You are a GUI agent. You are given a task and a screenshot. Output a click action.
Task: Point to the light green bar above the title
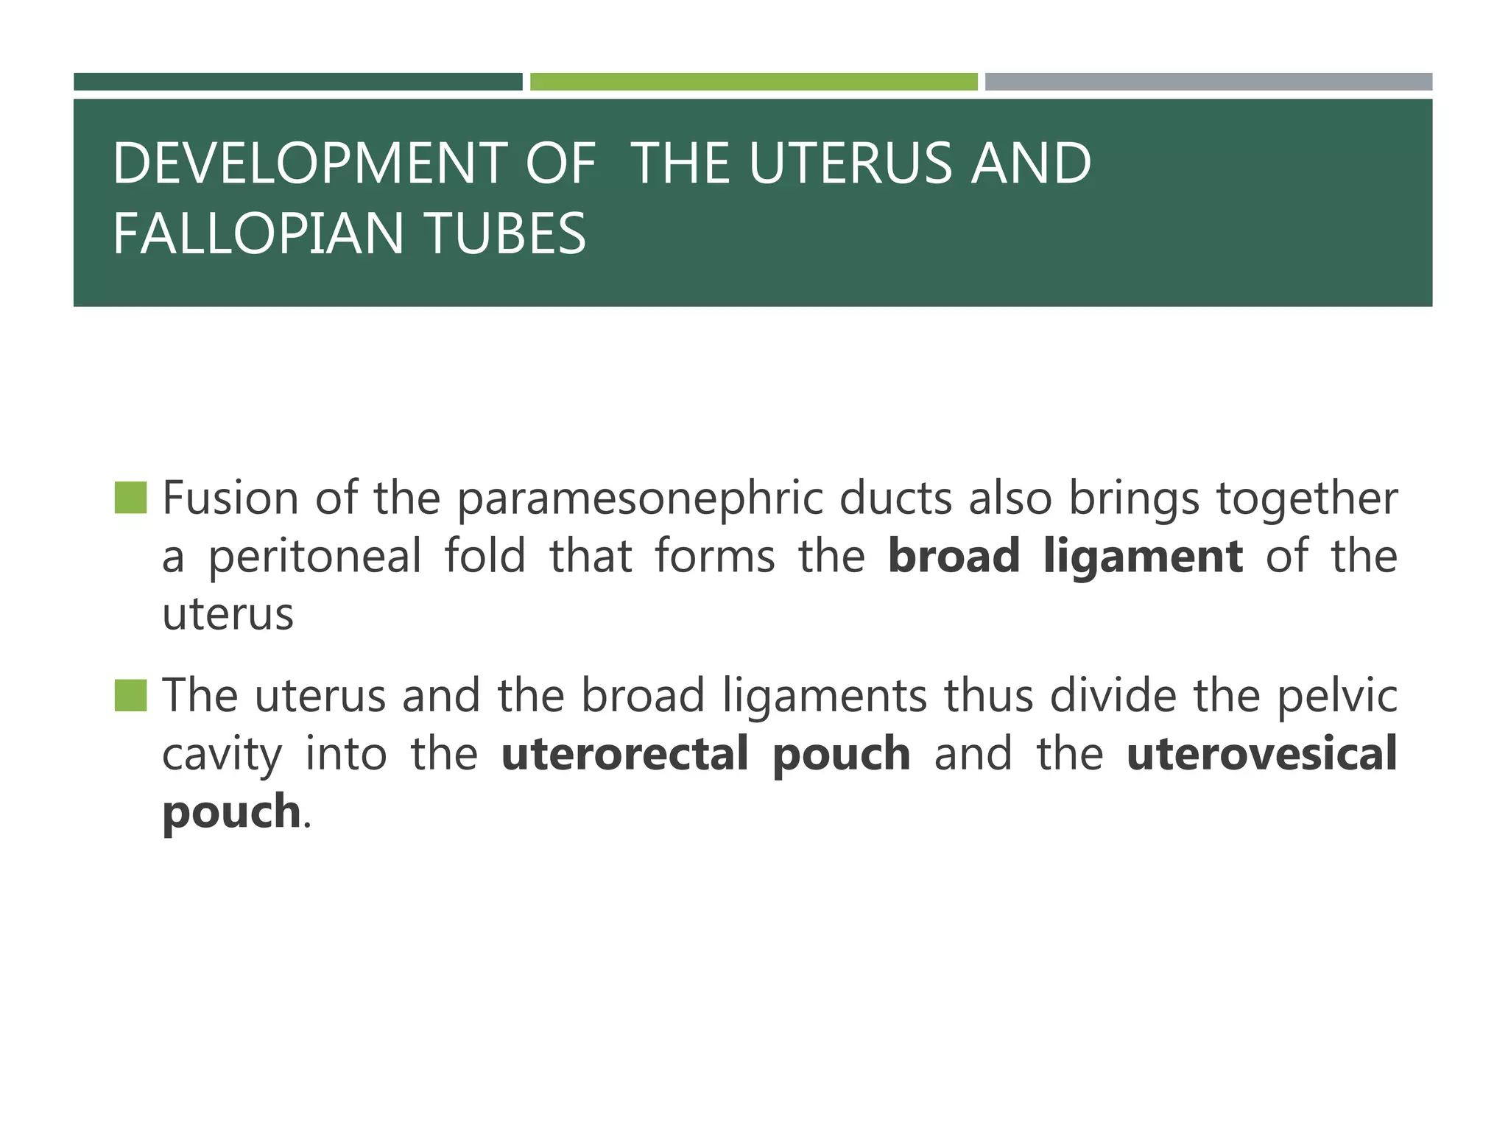pos(753,82)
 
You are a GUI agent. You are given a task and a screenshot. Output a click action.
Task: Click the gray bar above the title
pos(1208,82)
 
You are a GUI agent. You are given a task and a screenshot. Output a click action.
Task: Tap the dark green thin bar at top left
pos(297,82)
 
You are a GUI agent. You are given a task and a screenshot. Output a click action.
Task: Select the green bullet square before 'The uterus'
pos(130,695)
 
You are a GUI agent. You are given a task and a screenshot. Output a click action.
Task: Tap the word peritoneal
pos(315,556)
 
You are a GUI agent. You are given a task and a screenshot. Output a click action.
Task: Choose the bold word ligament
pos(1144,557)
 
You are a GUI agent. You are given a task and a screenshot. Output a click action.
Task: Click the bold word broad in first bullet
pos(954,556)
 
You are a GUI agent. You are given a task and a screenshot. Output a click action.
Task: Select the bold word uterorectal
pos(624,754)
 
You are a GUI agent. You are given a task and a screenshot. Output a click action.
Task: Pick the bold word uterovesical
pos(1261,754)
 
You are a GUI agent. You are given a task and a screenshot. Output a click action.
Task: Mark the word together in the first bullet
pos(1306,499)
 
